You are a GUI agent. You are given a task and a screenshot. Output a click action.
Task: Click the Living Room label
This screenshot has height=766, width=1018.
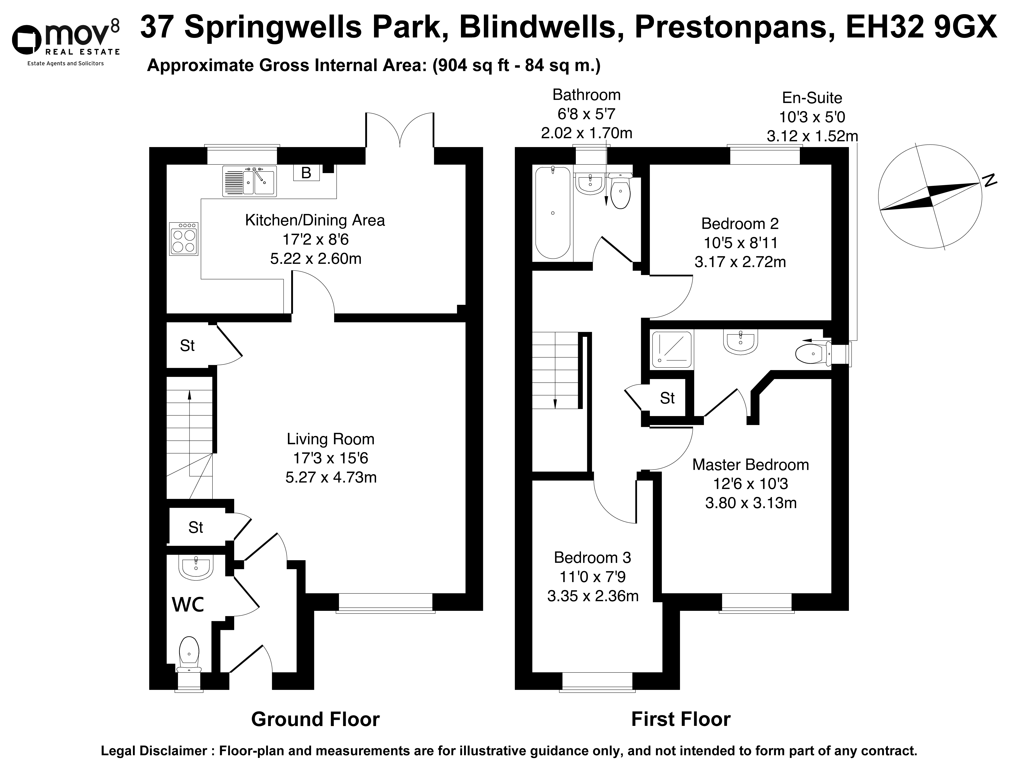(x=330, y=439)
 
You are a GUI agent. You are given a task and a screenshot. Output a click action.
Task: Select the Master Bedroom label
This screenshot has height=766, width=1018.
(x=751, y=465)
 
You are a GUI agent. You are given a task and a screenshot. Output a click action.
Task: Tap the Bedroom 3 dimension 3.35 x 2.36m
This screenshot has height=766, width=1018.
(x=593, y=596)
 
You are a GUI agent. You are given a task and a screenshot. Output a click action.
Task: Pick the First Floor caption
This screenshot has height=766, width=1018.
(x=681, y=719)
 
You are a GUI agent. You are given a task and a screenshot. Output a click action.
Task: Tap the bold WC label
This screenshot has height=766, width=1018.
(x=188, y=604)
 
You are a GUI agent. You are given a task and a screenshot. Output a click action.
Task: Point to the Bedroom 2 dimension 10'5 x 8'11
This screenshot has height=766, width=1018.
(x=740, y=243)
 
